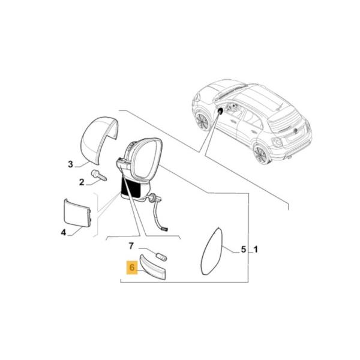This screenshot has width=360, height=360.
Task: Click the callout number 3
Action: [70, 164]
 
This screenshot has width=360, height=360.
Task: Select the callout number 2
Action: [81, 182]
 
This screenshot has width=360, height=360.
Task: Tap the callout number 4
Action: [64, 232]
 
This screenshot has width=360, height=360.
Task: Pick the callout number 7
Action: [131, 246]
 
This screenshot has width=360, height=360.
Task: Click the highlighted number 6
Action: [131, 267]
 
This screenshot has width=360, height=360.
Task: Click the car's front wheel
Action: [202, 121]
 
